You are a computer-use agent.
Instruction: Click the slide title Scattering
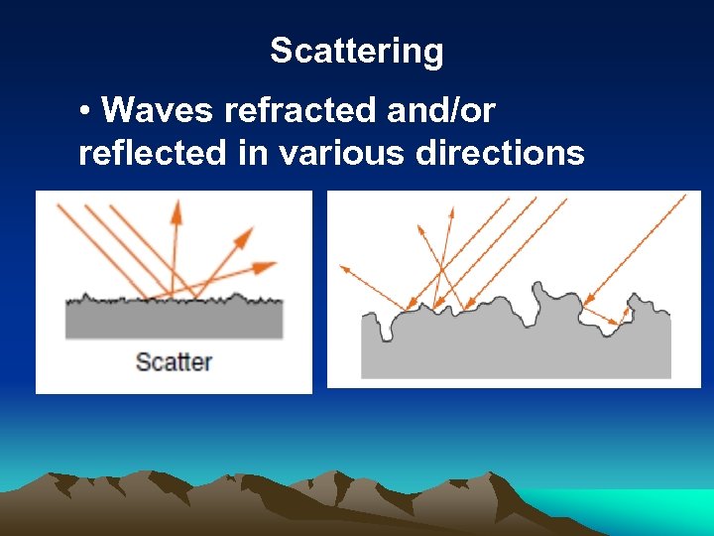pos(357,52)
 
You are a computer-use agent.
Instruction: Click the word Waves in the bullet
pos(158,110)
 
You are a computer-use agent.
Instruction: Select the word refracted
pos(301,110)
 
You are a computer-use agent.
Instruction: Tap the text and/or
pos(440,110)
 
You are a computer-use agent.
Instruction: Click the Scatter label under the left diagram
pos(174,361)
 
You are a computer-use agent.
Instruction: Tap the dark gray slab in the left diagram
pos(174,320)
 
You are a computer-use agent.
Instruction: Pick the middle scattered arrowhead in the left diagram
pos(243,235)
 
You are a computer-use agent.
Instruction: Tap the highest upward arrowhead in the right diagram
pos(451,211)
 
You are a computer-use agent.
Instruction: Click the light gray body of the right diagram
pos(496,352)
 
